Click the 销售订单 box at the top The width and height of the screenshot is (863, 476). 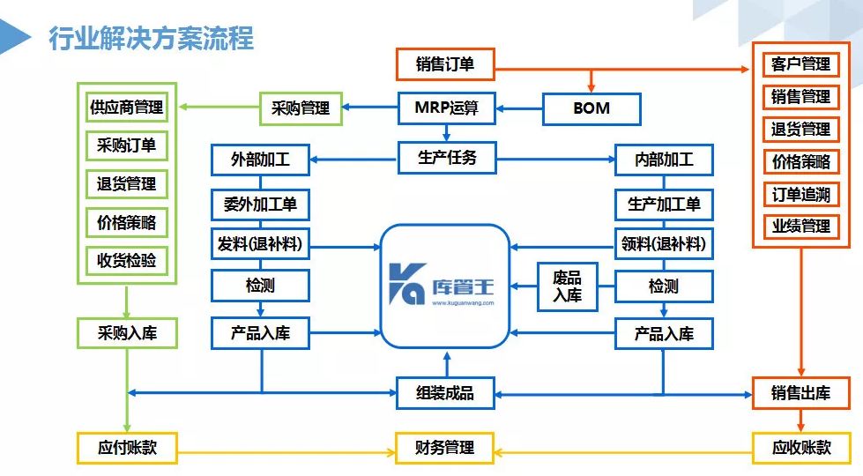tap(444, 64)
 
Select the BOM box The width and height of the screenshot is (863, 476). tap(591, 109)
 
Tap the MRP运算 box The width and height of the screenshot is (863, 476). tap(445, 108)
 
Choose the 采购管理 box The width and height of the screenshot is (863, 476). tap(301, 108)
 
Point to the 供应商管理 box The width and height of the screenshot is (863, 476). tap(126, 108)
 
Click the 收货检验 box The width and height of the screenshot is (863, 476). tap(126, 260)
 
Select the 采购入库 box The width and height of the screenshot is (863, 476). tap(126, 333)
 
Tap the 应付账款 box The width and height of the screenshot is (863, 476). tap(126, 447)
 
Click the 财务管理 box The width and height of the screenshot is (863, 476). tap(445, 447)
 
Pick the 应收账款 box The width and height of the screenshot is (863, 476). tap(801, 447)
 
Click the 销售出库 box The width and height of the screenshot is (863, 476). tap(801, 393)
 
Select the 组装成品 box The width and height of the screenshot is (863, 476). tap(445, 393)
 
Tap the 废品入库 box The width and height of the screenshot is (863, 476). tap(567, 286)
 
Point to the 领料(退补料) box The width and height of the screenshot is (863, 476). tap(664, 244)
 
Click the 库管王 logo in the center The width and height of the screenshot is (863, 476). tap(445, 286)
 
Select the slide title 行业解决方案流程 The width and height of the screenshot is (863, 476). tap(151, 39)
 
